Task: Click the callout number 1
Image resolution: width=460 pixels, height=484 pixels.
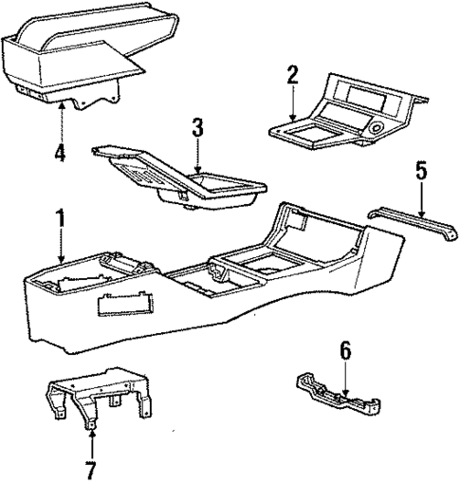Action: [60, 219]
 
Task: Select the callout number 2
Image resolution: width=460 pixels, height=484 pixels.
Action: [293, 75]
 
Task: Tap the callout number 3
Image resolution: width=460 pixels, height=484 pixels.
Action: [197, 128]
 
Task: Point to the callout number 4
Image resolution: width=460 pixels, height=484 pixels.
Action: [60, 152]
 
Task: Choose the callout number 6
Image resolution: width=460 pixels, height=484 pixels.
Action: [345, 351]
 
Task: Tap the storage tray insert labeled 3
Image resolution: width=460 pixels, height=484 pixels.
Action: [178, 177]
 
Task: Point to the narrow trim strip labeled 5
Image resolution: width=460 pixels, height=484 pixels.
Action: [414, 223]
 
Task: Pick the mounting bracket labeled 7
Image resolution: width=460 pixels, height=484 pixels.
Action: [98, 396]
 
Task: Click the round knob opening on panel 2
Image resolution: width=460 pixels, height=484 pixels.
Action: [377, 128]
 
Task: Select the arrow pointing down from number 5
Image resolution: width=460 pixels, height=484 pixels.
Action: [421, 199]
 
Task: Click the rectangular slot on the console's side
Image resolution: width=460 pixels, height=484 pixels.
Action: [125, 305]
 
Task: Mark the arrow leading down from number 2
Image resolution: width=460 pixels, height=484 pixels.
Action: [293, 103]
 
